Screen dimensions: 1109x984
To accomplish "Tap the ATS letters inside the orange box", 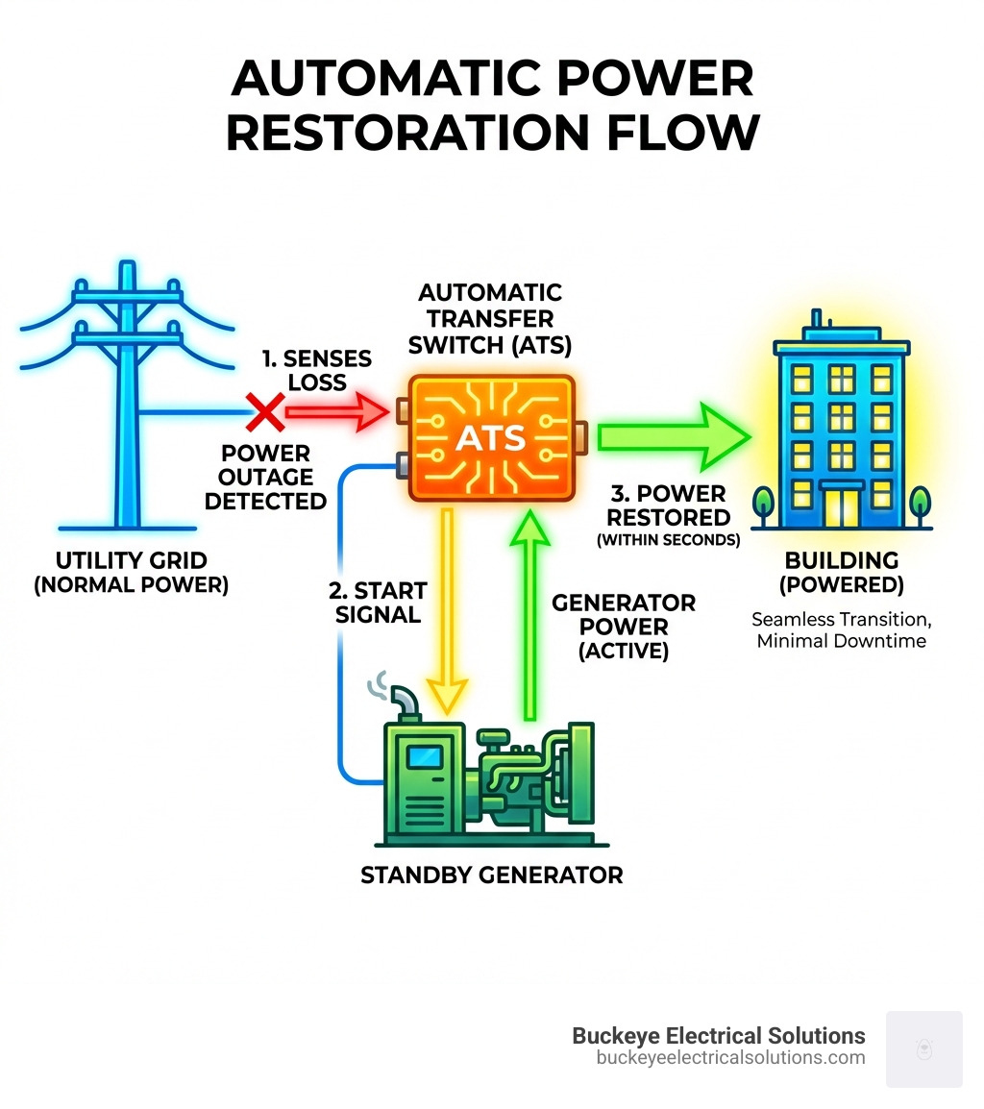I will (490, 438).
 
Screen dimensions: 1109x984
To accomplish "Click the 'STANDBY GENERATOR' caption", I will (491, 875).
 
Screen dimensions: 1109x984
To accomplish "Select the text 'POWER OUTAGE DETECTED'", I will (265, 477).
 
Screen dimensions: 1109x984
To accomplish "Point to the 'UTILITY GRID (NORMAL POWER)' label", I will (132, 572).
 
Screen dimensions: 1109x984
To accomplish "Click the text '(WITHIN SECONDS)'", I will (669, 541).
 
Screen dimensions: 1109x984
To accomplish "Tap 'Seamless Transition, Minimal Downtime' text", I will (842, 629).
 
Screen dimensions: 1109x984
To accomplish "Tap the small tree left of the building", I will (766, 503).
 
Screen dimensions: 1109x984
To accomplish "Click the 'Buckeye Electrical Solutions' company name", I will (718, 1036).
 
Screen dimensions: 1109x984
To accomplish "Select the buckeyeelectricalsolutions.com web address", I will (730, 1058).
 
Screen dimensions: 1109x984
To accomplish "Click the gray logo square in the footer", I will (923, 1048).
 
